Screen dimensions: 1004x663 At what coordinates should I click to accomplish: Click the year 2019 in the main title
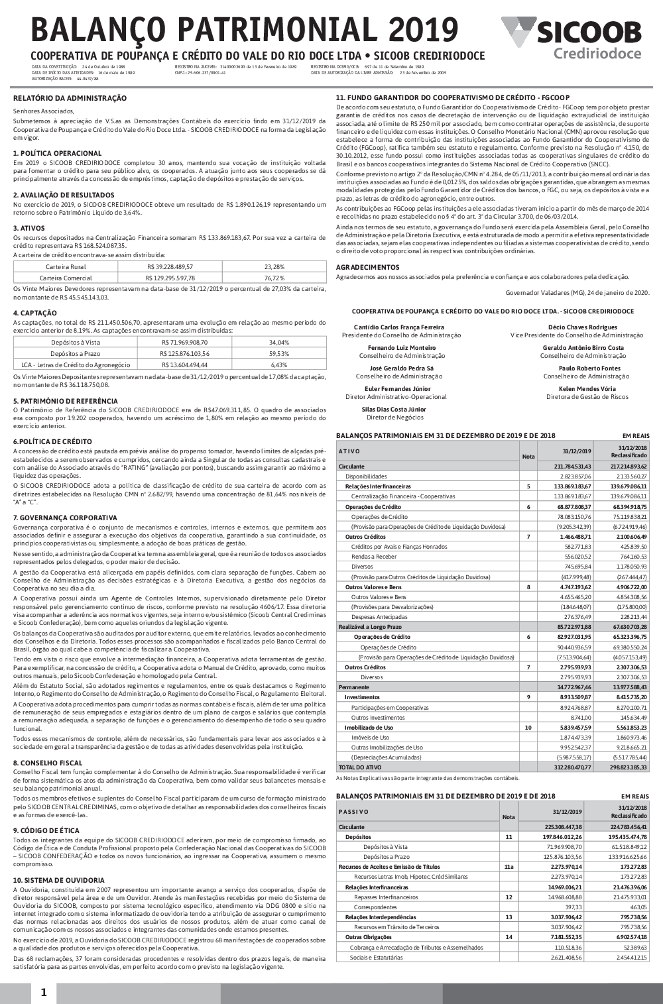pyautogui.click(x=424, y=30)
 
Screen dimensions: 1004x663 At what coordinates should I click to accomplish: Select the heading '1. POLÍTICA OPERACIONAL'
pyautogui.click(x=58, y=153)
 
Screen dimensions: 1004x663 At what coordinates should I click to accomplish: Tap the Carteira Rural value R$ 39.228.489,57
pyautogui.click(x=170, y=266)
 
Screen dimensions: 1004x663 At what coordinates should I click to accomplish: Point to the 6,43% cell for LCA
pyautogui.click(x=279, y=364)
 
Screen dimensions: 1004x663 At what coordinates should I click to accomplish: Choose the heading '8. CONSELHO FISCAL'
pyautogui.click(x=48, y=763)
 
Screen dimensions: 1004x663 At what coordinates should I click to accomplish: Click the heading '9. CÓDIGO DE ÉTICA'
pyautogui.click(x=46, y=830)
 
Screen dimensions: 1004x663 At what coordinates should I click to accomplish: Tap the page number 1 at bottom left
pyautogui.click(x=43, y=992)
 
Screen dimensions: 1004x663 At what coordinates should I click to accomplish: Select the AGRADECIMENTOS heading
pyautogui.click(x=367, y=267)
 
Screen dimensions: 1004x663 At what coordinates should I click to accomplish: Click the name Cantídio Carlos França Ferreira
pyautogui.click(x=399, y=327)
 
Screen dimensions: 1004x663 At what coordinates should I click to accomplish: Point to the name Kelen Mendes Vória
pyautogui.click(x=587, y=389)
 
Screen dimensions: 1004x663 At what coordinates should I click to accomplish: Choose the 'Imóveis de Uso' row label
pyautogui.click(x=369, y=737)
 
